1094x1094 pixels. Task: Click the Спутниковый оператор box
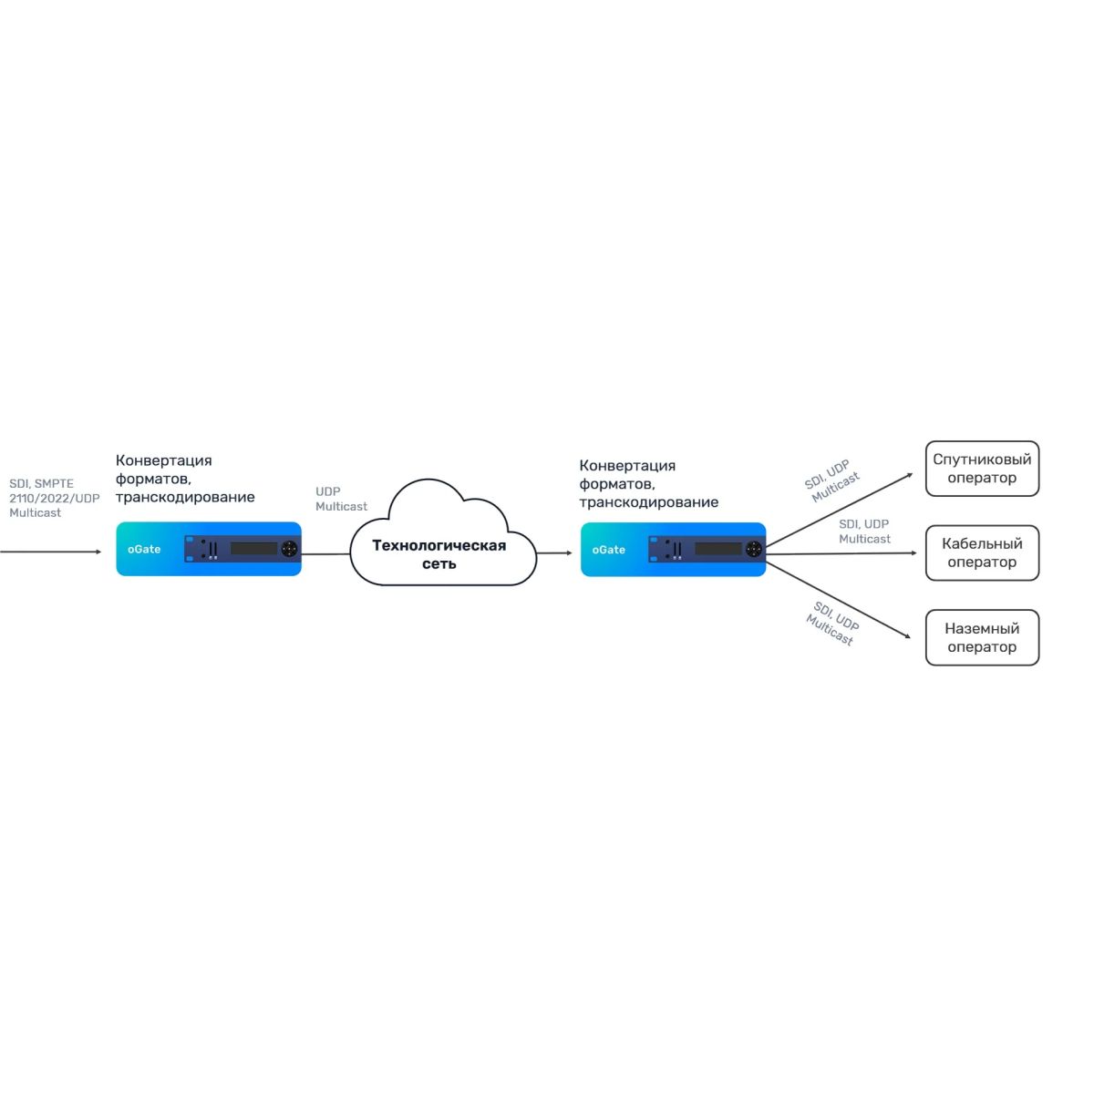(x=982, y=469)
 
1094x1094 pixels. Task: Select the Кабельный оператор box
(x=982, y=552)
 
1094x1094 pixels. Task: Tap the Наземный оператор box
(x=982, y=637)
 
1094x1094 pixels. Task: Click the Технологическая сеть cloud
(x=439, y=553)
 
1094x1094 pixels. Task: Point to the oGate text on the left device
(x=144, y=550)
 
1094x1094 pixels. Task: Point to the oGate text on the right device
(x=608, y=550)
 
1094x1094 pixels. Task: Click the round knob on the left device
(x=289, y=549)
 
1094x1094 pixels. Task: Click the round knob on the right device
(x=754, y=549)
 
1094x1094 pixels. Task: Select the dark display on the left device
(x=253, y=549)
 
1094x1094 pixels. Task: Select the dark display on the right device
(x=718, y=549)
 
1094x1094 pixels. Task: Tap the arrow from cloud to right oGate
(x=554, y=552)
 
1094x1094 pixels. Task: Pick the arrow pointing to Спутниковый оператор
(x=839, y=511)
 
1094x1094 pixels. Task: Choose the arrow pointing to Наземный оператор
(x=839, y=601)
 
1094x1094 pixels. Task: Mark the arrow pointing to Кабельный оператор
(x=839, y=552)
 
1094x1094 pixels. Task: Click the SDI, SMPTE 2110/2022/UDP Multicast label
(x=54, y=498)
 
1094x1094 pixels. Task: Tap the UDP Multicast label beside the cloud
(x=341, y=499)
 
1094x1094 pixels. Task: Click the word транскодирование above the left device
(x=185, y=497)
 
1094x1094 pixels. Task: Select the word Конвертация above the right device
(x=627, y=466)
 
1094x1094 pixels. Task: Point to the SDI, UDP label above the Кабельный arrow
(x=863, y=524)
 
